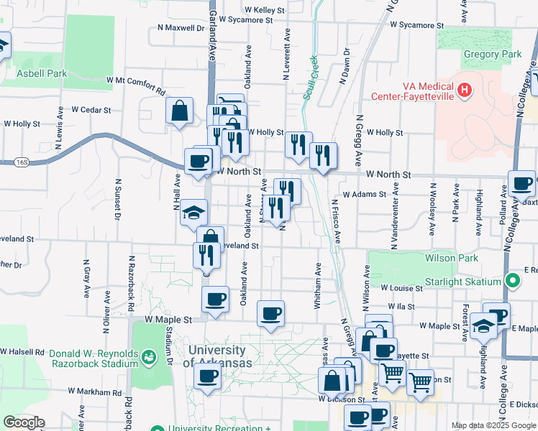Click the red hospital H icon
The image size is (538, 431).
click(x=465, y=91)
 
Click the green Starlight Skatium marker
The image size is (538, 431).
click(x=511, y=281)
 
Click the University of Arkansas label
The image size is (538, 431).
click(x=216, y=356)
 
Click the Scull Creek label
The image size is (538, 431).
click(x=310, y=79)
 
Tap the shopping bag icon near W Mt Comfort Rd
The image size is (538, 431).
click(x=179, y=111)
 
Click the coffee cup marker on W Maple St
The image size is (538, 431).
click(x=270, y=313)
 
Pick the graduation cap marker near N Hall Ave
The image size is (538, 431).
click(x=193, y=212)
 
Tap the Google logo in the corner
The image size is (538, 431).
click(x=24, y=422)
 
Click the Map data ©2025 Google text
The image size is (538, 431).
click(x=493, y=425)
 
